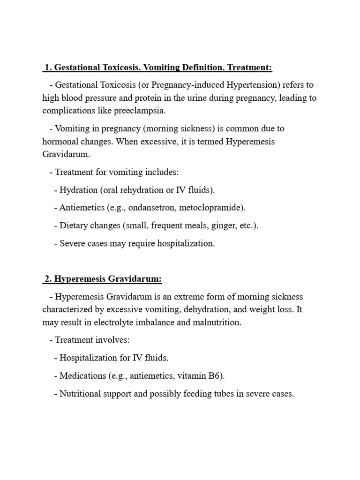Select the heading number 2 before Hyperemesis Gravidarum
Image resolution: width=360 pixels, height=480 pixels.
click(x=47, y=279)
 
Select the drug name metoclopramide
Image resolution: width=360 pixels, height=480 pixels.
click(x=210, y=207)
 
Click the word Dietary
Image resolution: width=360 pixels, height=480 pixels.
click(x=75, y=225)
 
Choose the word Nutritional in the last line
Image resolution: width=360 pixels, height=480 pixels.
click(x=80, y=394)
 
